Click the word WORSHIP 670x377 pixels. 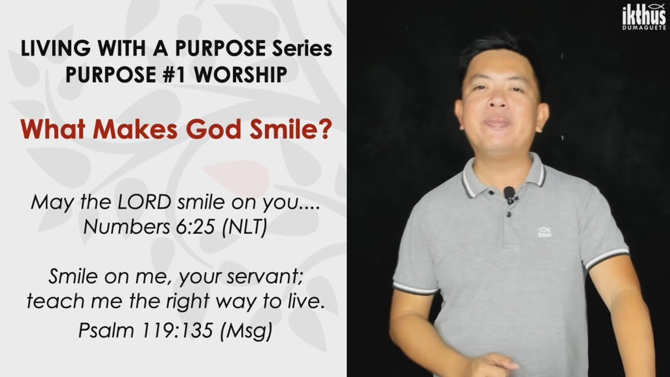(241, 74)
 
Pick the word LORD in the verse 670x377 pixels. (144, 202)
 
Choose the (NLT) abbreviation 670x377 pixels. (244, 227)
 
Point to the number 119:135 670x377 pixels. (177, 330)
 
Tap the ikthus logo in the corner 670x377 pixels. (644, 17)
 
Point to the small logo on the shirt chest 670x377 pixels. (545, 232)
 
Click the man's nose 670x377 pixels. (498, 100)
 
